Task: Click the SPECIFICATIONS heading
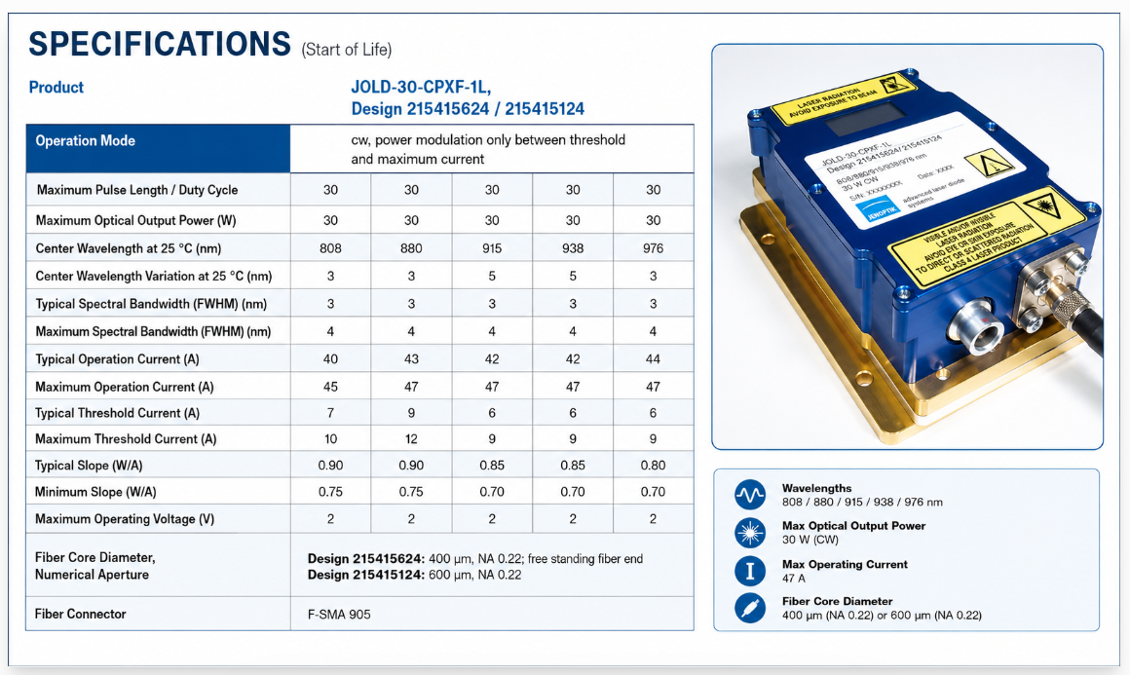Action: click(x=159, y=44)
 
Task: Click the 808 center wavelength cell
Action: click(x=330, y=248)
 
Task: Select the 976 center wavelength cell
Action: click(x=653, y=248)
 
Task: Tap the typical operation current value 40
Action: click(x=330, y=358)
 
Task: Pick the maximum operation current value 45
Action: click(x=330, y=387)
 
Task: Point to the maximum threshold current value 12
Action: click(x=411, y=438)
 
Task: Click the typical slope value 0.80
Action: click(x=653, y=466)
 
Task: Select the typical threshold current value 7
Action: click(x=330, y=413)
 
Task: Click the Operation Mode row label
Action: click(x=85, y=140)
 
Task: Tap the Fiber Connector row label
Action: click(x=80, y=614)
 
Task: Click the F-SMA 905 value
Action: click(x=339, y=615)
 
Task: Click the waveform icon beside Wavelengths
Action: click(x=749, y=495)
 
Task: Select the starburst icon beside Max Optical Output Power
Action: click(x=749, y=533)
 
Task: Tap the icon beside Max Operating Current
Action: click(x=749, y=571)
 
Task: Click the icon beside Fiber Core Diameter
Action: click(x=749, y=608)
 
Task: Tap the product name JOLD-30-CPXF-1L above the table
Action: click(x=421, y=87)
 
